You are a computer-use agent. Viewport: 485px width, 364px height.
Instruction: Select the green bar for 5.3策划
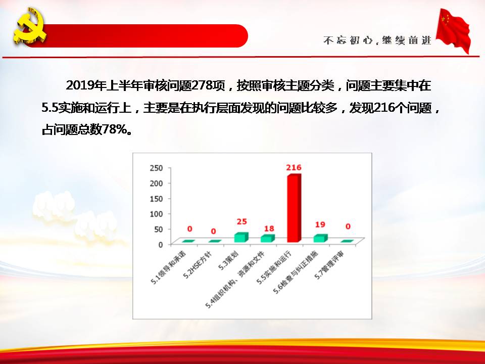pos(241,238)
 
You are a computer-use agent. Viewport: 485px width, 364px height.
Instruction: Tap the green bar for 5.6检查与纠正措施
pos(320,238)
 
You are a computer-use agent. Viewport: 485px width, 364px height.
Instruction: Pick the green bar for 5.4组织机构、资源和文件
pos(268,238)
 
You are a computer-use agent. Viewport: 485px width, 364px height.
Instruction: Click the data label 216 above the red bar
pos(294,167)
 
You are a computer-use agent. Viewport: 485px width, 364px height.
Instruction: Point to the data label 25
pos(241,221)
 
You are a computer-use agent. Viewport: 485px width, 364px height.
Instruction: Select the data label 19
pos(320,224)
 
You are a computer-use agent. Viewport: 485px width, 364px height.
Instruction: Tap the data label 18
pos(269,229)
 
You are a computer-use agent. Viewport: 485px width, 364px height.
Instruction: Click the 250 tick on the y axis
pos(156,168)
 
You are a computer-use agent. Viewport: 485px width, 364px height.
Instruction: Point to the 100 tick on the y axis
pos(156,214)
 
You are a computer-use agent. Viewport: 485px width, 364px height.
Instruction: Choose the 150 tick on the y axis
pos(156,199)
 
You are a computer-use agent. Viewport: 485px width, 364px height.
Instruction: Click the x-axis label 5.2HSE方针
pos(198,264)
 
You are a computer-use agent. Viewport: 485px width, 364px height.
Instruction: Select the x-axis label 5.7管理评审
pos(330,265)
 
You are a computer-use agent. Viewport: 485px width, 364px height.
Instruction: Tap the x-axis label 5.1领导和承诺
pos(169,267)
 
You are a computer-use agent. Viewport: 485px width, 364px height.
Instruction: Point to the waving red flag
pos(453,30)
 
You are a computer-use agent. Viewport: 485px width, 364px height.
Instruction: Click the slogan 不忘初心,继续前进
pos(377,40)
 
